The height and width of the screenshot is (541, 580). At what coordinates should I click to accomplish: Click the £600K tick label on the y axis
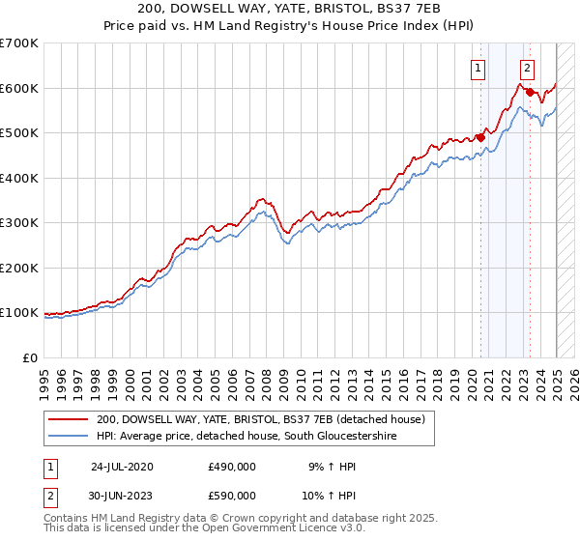19,88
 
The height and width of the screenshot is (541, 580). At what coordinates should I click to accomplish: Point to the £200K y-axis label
19,268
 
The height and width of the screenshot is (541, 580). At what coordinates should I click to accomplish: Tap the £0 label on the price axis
31,357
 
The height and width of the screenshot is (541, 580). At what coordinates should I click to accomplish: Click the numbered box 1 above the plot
478,68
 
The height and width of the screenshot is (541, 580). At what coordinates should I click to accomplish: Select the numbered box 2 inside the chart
527,68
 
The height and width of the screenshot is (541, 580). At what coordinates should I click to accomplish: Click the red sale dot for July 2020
480,137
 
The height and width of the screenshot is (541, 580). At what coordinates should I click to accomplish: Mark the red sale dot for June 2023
530,92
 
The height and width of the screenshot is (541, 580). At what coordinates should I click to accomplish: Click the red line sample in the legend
69,420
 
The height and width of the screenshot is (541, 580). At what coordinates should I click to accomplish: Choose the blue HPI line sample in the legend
69,437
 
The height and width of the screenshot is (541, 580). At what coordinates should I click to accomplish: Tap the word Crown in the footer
229,518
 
